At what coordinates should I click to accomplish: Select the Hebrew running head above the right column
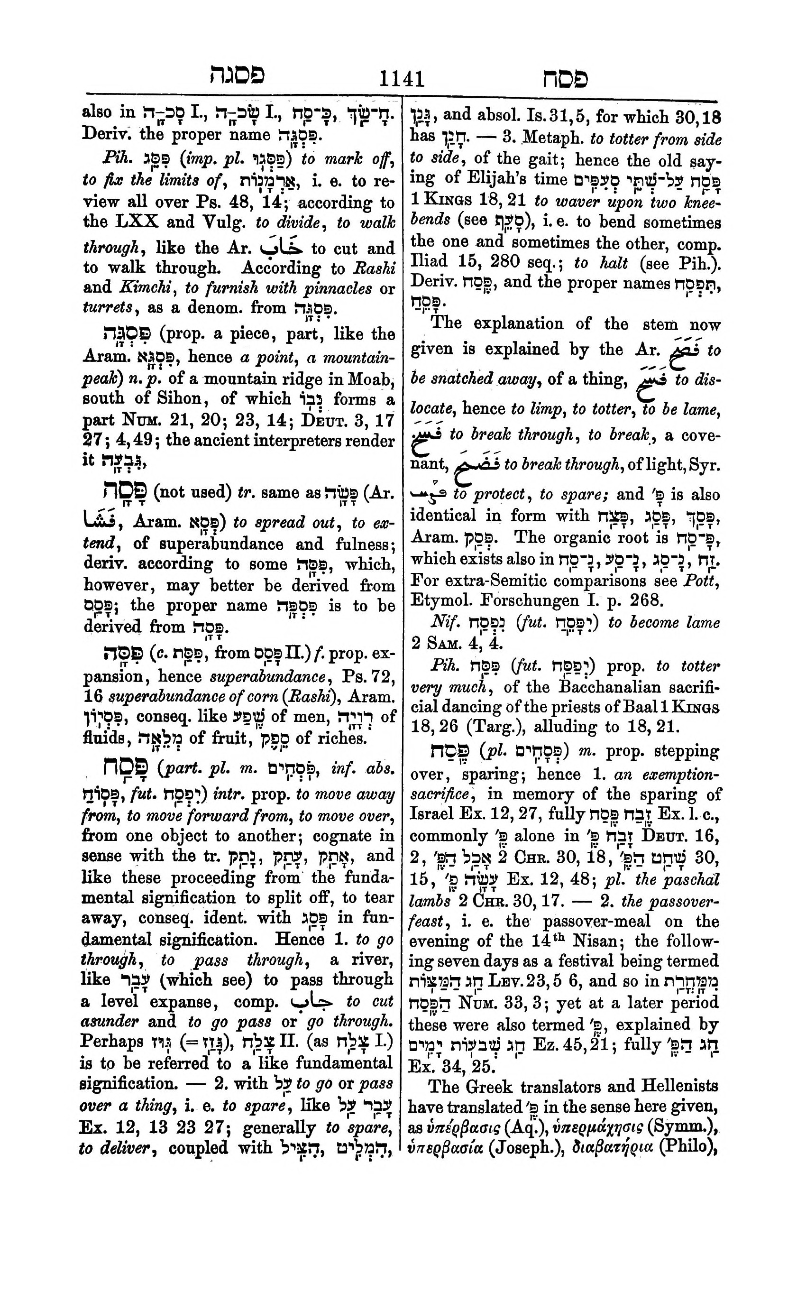(x=565, y=79)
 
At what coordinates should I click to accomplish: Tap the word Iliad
(x=427, y=262)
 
